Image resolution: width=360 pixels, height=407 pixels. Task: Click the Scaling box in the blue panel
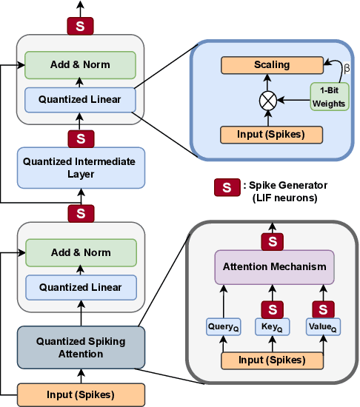(272, 65)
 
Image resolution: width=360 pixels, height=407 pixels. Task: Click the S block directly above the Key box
(273, 308)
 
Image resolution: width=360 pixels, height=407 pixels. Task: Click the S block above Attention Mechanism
(273, 241)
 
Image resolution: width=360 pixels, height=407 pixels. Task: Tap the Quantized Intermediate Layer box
(80, 167)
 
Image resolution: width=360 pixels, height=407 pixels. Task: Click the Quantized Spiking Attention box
(80, 347)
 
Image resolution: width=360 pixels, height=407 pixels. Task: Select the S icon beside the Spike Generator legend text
(220, 186)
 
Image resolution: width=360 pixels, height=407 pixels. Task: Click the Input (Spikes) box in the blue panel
(272, 134)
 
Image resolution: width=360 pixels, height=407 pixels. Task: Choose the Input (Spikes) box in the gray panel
(272, 360)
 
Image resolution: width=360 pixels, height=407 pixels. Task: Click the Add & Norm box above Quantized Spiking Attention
(80, 252)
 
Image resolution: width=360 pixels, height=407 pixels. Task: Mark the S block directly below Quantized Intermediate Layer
(80, 213)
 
